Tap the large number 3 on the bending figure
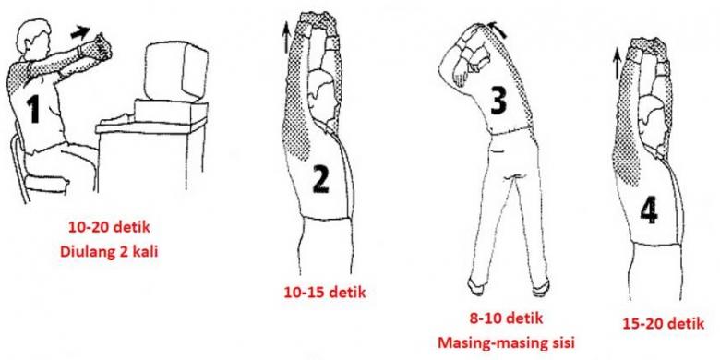(499, 99)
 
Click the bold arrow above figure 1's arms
(80, 32)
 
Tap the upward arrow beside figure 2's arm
(287, 38)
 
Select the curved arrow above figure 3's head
(498, 29)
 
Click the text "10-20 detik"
(109, 227)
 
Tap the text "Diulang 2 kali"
(109, 252)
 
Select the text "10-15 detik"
(325, 293)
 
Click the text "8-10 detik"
(506, 318)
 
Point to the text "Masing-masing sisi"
(506, 342)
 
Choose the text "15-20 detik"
(663, 323)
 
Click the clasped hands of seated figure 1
(99, 46)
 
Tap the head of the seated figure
(33, 38)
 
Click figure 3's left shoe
(475, 286)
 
